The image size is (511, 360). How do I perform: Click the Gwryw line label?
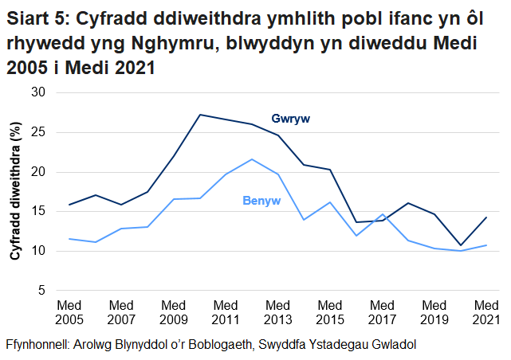pos(289,119)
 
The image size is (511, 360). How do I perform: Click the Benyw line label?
pos(261,201)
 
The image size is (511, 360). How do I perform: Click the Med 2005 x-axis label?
pos(69,312)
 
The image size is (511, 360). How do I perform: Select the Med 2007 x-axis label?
pos(121,312)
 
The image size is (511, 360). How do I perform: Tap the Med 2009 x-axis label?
pos(174,312)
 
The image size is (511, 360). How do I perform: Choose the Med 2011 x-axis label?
pos(226,312)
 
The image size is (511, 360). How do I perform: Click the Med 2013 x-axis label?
pos(278,312)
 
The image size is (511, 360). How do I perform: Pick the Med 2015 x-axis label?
pos(330,312)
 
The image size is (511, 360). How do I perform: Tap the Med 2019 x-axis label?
pos(434,312)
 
